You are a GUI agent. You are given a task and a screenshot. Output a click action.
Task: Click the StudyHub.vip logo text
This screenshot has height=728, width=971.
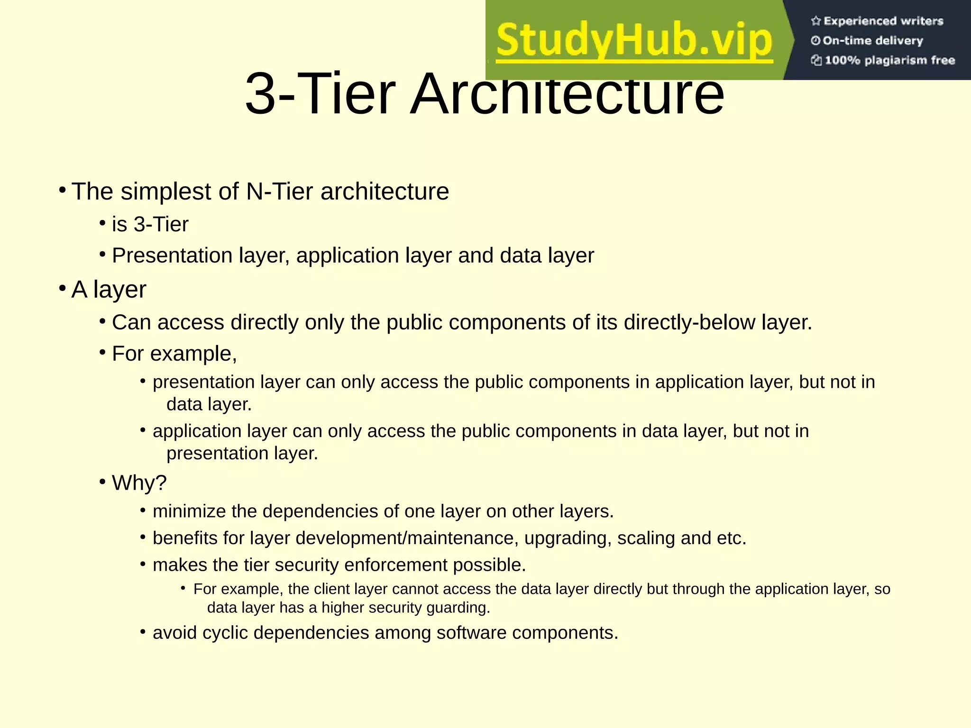coord(634,41)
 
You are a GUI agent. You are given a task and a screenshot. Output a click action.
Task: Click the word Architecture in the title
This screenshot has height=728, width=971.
coord(567,93)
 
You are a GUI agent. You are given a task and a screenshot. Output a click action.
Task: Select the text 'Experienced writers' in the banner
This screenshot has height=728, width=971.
coord(883,21)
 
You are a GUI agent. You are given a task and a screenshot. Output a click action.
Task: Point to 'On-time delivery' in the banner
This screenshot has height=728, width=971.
coord(872,41)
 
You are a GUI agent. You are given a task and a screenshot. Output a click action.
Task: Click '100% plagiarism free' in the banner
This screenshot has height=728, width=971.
coord(889,60)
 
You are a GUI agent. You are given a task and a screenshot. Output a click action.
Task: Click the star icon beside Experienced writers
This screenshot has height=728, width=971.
coord(815,21)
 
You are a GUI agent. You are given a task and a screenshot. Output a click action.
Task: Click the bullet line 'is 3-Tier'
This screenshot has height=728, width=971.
coord(150,224)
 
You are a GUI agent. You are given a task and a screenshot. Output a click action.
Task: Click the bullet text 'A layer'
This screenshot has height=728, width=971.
coord(109,289)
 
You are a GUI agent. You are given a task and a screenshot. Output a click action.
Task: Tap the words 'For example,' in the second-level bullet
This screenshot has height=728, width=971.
coord(174,354)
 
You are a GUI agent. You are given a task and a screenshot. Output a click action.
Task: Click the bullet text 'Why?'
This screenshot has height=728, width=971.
coord(139,483)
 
